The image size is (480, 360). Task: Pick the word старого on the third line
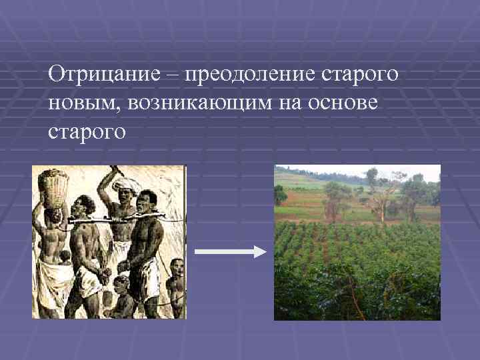[87, 132]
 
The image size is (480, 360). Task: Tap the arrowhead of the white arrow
[259, 251]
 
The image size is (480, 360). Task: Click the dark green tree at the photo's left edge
[280, 195]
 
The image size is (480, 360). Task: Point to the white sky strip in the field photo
[400, 171]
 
